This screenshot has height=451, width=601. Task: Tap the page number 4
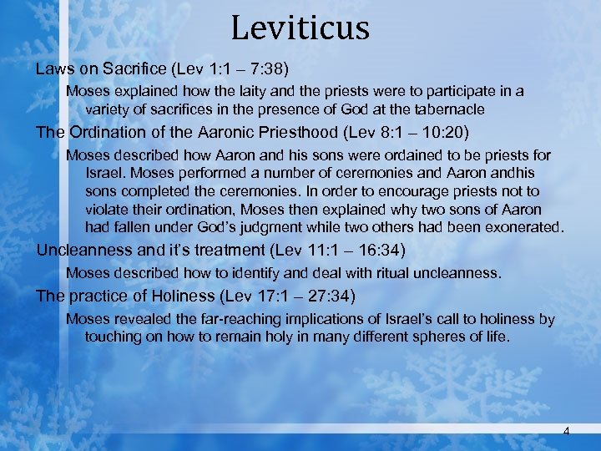tap(567, 431)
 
